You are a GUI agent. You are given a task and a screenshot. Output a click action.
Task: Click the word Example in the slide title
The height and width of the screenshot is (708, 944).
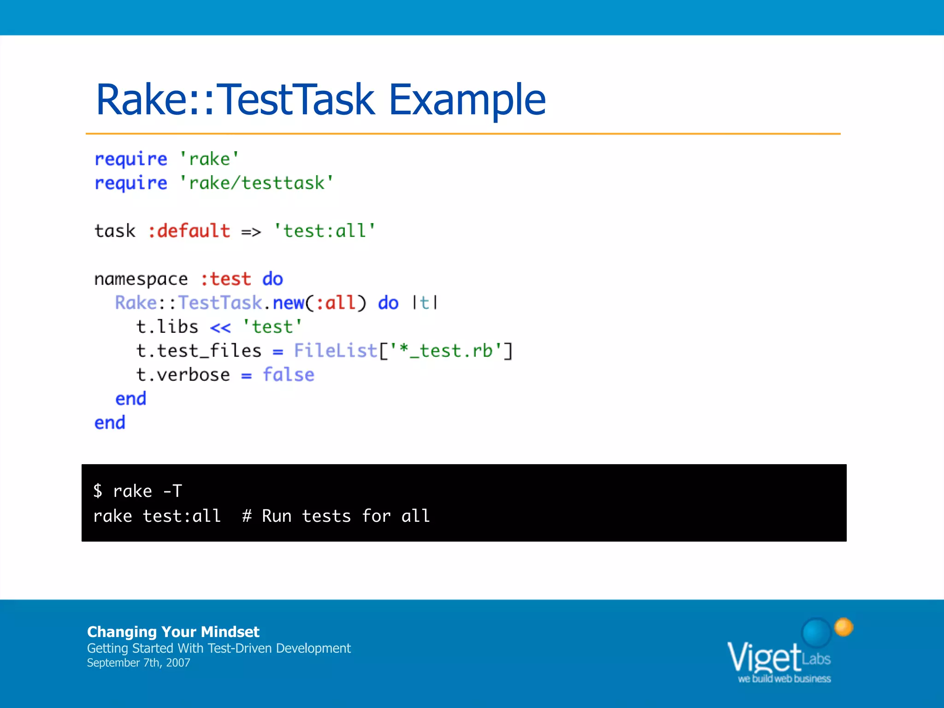(466, 100)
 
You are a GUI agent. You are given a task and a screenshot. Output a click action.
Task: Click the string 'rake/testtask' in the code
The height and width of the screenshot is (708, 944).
(256, 183)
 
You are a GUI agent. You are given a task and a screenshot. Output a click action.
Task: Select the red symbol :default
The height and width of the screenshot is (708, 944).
(189, 231)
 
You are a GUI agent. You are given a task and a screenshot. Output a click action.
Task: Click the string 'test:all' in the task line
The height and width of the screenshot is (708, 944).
(324, 231)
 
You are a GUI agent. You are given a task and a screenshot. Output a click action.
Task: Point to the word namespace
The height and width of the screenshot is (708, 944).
(141, 279)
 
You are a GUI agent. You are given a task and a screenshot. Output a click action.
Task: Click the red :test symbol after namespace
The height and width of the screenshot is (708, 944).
(226, 279)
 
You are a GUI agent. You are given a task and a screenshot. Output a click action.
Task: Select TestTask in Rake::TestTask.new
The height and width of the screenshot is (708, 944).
(220, 303)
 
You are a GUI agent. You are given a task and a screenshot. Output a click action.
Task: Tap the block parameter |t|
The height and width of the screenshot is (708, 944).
(425, 303)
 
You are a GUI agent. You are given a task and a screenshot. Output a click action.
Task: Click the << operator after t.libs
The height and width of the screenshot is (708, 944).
(220, 328)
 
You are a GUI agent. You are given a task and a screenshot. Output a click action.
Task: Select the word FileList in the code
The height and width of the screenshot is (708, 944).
(336, 351)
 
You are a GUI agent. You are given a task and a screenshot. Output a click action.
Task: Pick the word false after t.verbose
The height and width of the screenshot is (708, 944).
(289, 375)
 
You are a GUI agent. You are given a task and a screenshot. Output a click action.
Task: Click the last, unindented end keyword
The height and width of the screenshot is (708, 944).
(110, 423)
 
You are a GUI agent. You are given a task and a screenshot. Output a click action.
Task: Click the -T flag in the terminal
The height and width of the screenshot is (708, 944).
(173, 491)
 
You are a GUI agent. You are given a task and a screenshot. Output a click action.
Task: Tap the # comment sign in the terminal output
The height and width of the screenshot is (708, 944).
(247, 516)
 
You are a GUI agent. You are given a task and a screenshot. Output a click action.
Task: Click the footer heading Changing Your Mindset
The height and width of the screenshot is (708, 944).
(173, 631)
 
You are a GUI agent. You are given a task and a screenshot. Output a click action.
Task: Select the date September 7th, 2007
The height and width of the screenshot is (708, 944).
(138, 663)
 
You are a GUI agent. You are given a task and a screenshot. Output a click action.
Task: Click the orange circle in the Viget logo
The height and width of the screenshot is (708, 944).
(844, 627)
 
